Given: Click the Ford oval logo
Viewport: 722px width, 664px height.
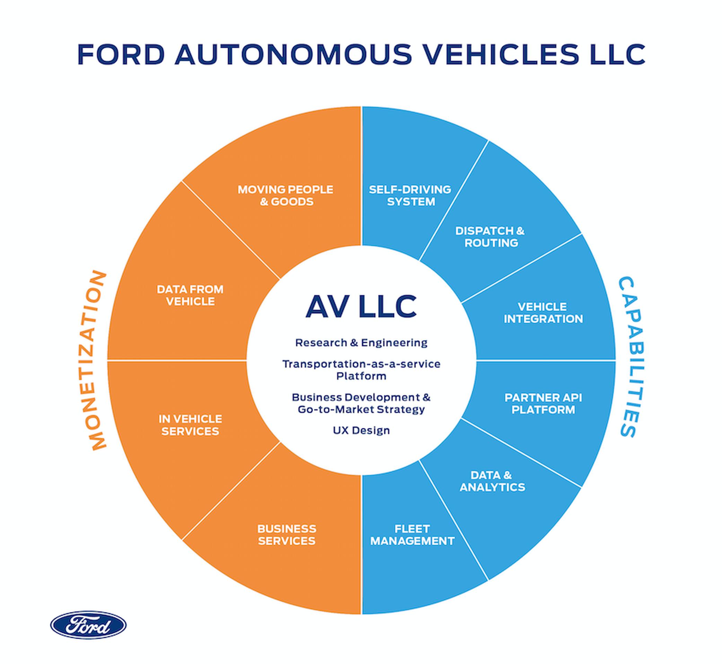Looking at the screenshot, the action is click(x=88, y=625).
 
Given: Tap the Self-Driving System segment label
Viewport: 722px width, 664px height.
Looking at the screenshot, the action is click(x=410, y=196).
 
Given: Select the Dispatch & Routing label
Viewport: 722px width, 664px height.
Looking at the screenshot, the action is click(x=490, y=237).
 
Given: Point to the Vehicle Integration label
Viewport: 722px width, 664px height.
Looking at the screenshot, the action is click(x=543, y=313).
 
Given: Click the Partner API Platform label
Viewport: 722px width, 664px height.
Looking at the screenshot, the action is click(x=543, y=404).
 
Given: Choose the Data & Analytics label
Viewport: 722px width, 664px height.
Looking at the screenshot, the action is click(x=492, y=481).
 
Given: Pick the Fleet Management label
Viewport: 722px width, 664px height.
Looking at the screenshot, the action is click(x=412, y=535).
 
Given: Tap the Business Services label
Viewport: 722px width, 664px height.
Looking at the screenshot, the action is click(x=287, y=535).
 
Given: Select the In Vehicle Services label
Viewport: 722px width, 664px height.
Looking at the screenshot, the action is click(x=190, y=425).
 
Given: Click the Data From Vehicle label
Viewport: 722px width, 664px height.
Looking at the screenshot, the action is click(x=190, y=295).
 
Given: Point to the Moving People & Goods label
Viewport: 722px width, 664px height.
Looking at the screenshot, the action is click(x=285, y=196).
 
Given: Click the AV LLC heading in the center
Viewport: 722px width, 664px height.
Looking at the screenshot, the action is click(x=361, y=306).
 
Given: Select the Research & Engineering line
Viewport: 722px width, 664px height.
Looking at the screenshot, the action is click(x=361, y=343).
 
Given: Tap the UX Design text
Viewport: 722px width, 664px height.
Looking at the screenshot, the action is click(x=361, y=430).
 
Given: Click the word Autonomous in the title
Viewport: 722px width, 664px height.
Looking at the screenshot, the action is click(x=293, y=54).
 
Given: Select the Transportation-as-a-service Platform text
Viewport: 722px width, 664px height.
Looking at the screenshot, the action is click(x=361, y=370).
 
